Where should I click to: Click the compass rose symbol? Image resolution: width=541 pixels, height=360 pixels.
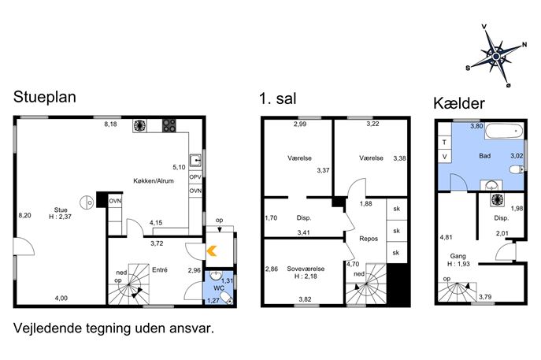point(496,56)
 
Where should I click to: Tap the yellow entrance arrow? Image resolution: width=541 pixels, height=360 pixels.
point(212,251)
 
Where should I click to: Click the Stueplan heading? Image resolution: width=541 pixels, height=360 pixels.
point(45,97)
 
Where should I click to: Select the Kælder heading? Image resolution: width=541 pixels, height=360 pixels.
point(459,103)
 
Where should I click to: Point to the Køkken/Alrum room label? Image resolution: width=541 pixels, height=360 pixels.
point(154,180)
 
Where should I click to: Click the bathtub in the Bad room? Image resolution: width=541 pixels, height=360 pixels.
point(504,132)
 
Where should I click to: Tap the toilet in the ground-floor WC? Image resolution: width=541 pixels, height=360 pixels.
point(225,298)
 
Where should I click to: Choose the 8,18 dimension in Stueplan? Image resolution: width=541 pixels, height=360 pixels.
point(110,124)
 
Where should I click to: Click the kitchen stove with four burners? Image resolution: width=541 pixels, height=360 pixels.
point(169,125)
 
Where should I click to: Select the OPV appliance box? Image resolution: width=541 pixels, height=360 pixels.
point(195,177)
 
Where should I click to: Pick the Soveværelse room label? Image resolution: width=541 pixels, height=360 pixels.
point(306,269)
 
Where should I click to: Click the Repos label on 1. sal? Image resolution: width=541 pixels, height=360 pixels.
point(369,239)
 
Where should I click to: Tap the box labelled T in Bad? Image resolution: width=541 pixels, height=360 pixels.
point(444,143)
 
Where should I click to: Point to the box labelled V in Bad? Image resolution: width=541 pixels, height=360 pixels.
point(444,156)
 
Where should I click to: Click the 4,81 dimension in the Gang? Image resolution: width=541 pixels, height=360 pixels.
point(446,237)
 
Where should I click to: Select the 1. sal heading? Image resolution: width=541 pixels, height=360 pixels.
point(277,98)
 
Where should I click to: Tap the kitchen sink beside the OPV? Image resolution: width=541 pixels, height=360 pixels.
point(195,161)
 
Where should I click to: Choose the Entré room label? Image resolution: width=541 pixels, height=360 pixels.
point(160,270)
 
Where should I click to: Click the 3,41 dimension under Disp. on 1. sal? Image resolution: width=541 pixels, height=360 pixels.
point(304,232)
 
